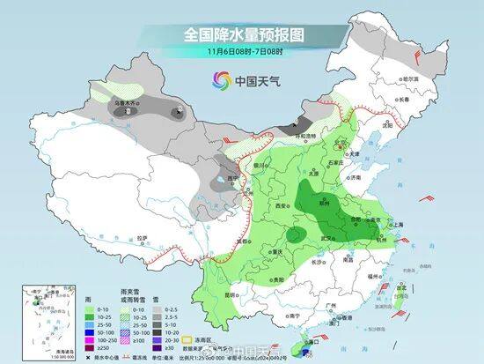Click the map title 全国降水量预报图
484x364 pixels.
click(242, 34)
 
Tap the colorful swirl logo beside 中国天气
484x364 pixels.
click(216, 82)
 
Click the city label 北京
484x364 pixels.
click(345, 140)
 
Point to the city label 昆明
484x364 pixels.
click(231, 293)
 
